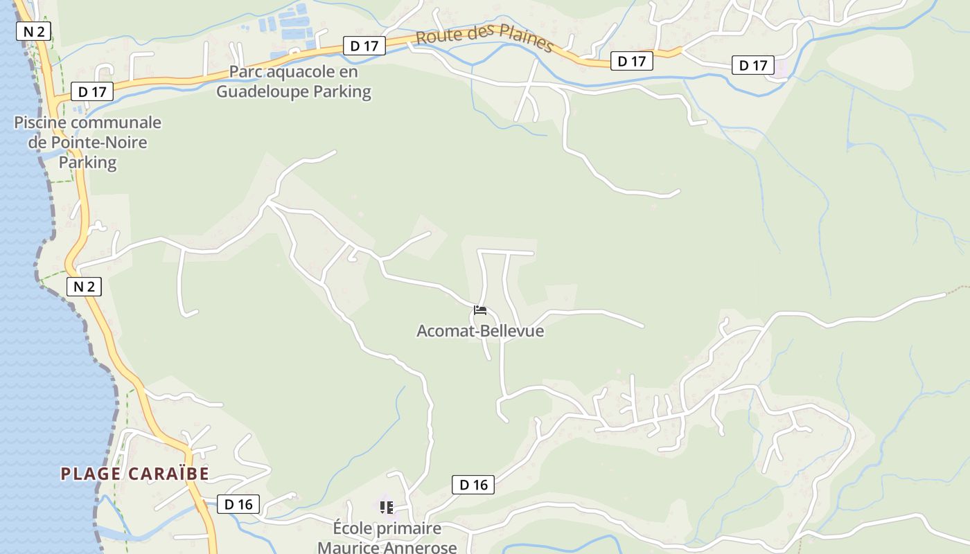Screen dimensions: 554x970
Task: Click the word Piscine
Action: click(x=41, y=123)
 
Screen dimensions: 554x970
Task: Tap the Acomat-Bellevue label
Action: click(x=480, y=331)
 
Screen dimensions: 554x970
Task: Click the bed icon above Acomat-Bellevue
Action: click(x=480, y=310)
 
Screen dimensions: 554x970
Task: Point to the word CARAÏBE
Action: click(x=169, y=474)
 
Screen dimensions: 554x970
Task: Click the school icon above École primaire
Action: click(x=387, y=508)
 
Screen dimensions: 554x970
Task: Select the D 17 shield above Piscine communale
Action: click(x=92, y=91)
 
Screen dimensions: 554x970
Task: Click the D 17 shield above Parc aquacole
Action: click(x=364, y=46)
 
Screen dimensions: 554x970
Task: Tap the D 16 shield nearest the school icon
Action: click(x=474, y=485)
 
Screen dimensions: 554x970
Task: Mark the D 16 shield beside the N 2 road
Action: click(x=239, y=504)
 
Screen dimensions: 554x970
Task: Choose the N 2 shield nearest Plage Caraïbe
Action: click(x=85, y=287)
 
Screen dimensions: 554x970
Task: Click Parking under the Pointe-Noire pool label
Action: click(x=87, y=163)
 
